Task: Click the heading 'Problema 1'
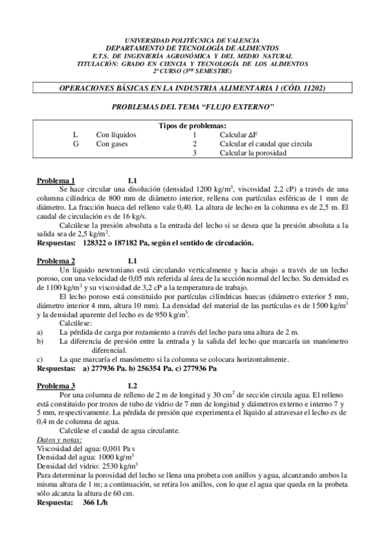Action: pos(56,181)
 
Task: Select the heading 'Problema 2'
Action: pos(56,261)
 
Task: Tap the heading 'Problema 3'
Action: pos(56,386)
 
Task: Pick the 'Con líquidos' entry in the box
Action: pos(116,135)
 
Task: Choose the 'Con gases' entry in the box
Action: pos(112,144)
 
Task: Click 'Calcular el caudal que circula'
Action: pos(265,144)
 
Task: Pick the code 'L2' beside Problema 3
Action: pos(133,386)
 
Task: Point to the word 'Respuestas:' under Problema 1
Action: pos(56,243)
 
